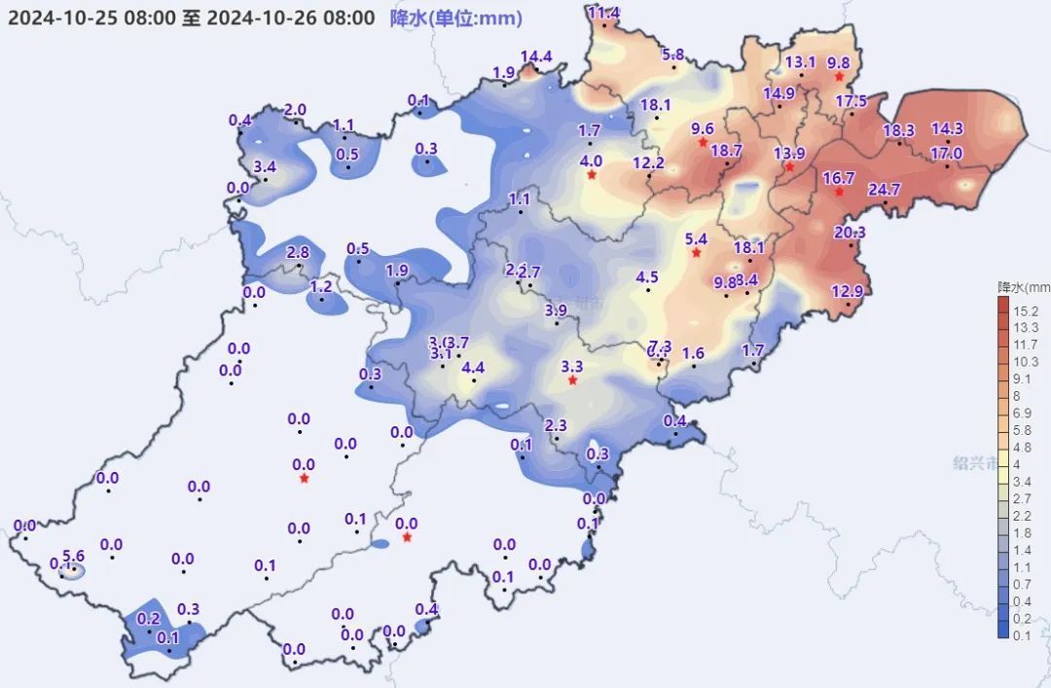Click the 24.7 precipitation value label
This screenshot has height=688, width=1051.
(884, 190)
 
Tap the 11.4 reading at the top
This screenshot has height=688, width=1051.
(604, 13)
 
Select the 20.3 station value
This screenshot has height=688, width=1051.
(850, 233)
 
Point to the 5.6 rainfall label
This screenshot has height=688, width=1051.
(74, 557)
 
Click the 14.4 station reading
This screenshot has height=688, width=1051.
(536, 56)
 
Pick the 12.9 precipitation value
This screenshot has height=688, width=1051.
(848, 291)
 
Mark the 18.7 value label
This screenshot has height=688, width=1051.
(726, 151)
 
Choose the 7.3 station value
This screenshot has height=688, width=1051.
(660, 347)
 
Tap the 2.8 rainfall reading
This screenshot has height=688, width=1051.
(298, 253)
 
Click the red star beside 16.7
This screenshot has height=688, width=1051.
(839, 192)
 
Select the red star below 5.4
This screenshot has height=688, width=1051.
(696, 254)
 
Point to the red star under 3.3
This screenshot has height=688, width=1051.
(572, 381)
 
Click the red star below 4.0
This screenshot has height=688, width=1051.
(591, 175)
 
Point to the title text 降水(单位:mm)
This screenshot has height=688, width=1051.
(454, 18)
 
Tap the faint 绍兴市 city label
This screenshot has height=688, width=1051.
(975, 464)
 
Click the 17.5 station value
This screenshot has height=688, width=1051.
(851, 101)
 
